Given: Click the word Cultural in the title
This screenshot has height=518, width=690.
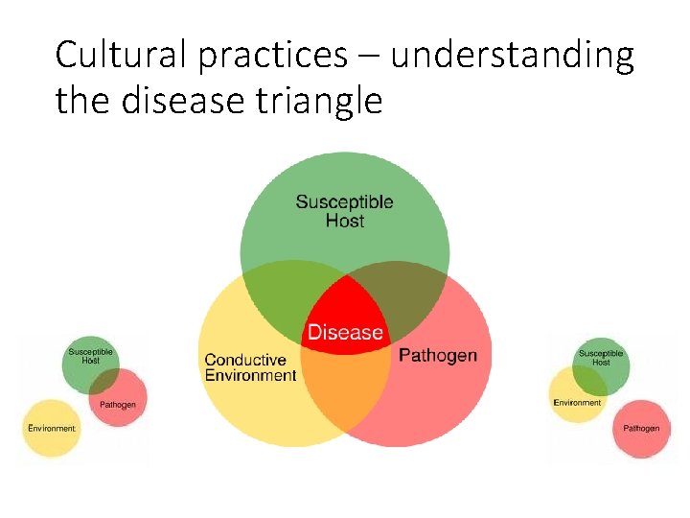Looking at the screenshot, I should click(122, 56).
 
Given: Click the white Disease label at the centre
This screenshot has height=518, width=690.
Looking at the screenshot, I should click(345, 333).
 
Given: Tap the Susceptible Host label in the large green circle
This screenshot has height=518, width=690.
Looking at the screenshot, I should click(344, 211).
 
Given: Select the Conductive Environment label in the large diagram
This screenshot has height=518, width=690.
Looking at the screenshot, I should click(250, 368).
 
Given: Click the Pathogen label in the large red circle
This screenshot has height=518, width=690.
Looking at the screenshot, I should click(437, 356).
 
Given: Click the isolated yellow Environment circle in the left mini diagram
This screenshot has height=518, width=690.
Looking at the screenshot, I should click(51, 428).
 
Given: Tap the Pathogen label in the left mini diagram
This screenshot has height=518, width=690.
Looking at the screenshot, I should click(118, 405).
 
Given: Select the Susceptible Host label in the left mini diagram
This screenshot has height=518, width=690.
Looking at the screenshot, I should click(90, 356).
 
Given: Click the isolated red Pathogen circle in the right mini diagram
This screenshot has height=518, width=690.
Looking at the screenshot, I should click(640, 428).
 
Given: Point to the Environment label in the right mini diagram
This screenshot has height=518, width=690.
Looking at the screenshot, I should click(577, 403).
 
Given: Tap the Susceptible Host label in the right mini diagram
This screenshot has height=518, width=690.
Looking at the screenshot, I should click(601, 357).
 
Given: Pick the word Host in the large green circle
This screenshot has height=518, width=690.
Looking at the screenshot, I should click(344, 221).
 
